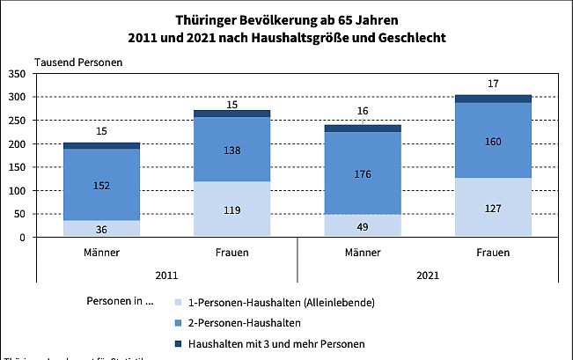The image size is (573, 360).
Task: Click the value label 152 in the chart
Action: click(x=101, y=185)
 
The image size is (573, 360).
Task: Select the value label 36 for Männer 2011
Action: click(x=101, y=229)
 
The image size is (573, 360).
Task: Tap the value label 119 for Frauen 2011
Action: click(x=231, y=210)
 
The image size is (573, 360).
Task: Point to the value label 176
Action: click(x=363, y=173)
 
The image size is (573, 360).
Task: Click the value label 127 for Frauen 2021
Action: click(x=493, y=209)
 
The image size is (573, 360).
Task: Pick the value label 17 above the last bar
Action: click(x=493, y=84)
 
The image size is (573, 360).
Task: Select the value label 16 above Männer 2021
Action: click(x=363, y=112)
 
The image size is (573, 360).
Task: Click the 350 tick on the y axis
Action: click(x=17, y=74)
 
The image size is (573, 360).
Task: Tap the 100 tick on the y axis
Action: click(x=17, y=191)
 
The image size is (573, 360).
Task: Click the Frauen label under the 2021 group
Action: click(x=493, y=253)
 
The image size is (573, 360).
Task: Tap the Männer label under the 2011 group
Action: click(x=101, y=253)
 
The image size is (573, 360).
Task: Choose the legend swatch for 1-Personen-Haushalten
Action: click(x=180, y=303)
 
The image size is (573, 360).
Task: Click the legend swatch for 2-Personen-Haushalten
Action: click(x=180, y=323)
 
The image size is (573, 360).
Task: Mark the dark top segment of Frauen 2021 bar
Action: click(x=493, y=99)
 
